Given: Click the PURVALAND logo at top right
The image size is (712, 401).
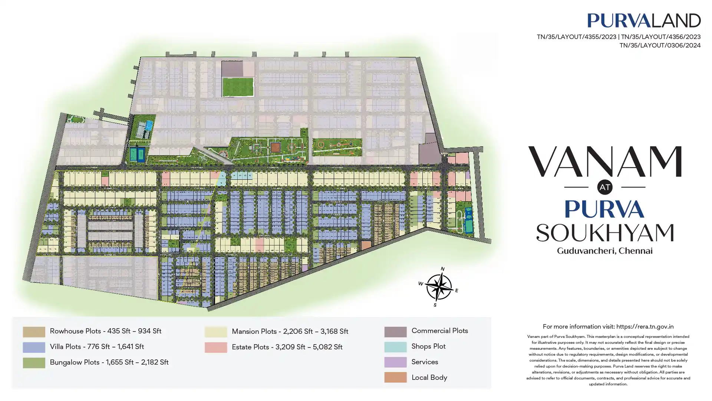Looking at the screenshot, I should tap(644, 20).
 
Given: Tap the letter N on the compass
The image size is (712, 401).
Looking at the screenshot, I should tap(442, 269).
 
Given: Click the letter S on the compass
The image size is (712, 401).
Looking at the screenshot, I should tap(435, 305).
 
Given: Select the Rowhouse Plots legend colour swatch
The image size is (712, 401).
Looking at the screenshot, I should tap(34, 332).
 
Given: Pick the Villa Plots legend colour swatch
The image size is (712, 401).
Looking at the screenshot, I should tap(34, 347).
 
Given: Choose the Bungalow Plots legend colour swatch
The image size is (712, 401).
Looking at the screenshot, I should tap(34, 363).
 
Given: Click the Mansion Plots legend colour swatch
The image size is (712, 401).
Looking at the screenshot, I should tap(215, 332).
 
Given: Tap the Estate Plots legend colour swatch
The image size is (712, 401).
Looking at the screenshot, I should tap(215, 347).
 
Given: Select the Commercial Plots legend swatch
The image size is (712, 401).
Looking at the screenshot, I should tap(395, 332).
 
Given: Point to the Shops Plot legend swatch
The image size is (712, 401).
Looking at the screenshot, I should tap(395, 347).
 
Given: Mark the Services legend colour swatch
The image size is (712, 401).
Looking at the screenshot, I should tap(395, 362).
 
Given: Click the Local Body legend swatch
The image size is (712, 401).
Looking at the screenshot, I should tap(395, 377).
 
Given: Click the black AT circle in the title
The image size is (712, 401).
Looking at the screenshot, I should tap(604, 187).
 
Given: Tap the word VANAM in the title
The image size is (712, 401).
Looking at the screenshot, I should tap(604, 162).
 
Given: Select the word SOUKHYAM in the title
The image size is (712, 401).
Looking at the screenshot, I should tap(604, 233).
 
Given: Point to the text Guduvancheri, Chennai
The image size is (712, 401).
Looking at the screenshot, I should tap(604, 251).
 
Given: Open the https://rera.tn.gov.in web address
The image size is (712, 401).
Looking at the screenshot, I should tap(645, 327).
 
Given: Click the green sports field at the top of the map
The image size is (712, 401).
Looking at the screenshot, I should tap(238, 87).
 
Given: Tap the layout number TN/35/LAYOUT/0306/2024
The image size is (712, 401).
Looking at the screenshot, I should tap(660, 45).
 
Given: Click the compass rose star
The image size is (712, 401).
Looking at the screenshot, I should tap(439, 287).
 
